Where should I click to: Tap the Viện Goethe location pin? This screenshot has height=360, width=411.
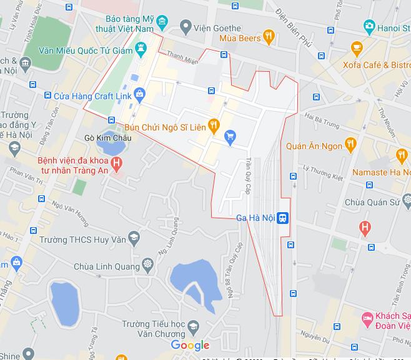point(185,26)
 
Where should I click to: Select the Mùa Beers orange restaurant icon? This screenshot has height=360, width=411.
point(269,37)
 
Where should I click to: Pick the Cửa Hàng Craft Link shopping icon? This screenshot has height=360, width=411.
point(139,95)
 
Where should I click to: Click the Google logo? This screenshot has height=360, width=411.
point(190,345)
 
